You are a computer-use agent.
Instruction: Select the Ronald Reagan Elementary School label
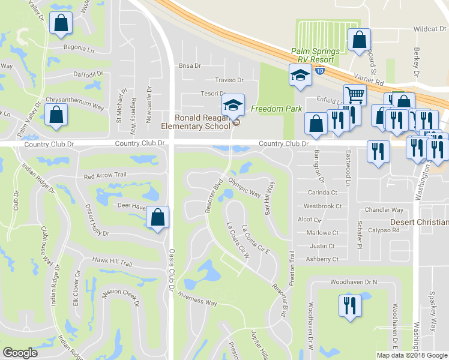pyautogui.click(x=202, y=122)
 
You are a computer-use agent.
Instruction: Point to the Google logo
pyautogui.click(x=20, y=353)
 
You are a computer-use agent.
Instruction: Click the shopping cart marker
pyautogui.click(x=355, y=95)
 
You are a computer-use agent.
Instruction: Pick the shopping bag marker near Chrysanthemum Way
pyautogui.click(x=55, y=116)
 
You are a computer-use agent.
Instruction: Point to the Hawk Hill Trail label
pyautogui.click(x=112, y=262)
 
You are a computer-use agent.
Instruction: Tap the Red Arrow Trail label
pyautogui.click(x=107, y=176)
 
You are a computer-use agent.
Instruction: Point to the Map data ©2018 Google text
pyautogui.click(x=412, y=355)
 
